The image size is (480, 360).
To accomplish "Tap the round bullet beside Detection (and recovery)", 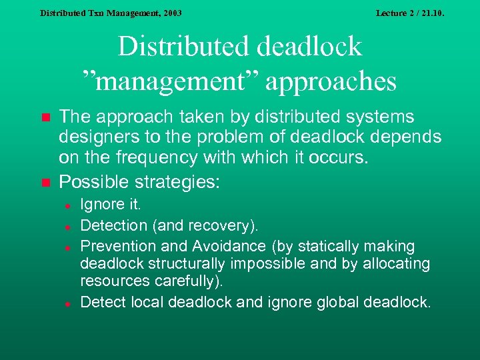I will coord(68,226).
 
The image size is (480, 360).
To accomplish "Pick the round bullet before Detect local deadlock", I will coord(68,303).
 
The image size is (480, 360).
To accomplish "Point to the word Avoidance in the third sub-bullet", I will coord(212,246).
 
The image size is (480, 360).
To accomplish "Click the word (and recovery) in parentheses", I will coord(207,227).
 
